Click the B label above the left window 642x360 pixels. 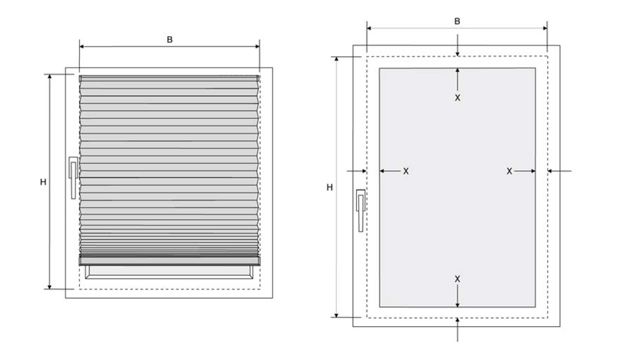(170, 40)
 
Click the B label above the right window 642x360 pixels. (457, 22)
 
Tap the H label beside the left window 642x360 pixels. (43, 182)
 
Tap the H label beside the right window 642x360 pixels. (330, 188)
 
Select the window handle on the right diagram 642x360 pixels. (361, 210)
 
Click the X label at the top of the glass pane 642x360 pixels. (457, 98)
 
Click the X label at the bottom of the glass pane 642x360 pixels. (457, 279)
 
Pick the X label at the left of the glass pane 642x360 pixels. (406, 171)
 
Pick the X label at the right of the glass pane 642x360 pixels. (510, 171)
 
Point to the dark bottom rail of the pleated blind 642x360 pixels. (170, 261)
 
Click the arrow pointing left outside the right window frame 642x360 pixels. (559, 171)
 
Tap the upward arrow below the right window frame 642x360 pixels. (457, 329)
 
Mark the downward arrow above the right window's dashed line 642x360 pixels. (457, 45)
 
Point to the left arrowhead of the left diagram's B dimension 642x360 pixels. (82, 47)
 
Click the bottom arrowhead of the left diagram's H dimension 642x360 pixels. (50, 287)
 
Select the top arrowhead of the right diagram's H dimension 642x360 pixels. (337, 59)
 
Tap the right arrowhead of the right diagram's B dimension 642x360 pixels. (545, 28)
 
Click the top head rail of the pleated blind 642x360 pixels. (170, 78)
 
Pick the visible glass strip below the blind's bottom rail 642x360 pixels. (169, 271)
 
